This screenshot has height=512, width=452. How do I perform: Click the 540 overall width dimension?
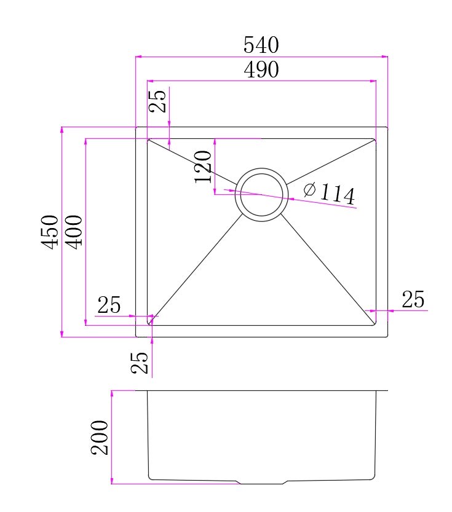261,45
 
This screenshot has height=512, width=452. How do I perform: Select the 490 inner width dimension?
261,70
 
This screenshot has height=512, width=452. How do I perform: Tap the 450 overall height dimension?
50,231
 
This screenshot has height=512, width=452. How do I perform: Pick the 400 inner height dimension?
73,231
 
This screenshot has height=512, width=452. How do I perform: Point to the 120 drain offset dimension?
204,167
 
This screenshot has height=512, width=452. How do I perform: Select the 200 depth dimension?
100,437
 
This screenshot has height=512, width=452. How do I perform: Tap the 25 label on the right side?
413,300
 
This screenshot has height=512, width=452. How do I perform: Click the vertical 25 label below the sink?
141,363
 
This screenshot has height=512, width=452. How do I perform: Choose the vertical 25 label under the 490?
158,101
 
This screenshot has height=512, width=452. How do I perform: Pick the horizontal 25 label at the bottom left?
109,305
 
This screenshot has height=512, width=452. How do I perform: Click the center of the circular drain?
261,194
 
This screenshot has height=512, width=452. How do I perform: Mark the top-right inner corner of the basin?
375,140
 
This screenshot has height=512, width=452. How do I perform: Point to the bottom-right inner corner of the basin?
375,325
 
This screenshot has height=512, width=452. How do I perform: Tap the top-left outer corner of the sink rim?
136,127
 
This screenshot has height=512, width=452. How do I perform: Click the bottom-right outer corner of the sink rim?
387,337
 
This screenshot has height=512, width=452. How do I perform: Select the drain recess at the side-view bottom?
261,481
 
